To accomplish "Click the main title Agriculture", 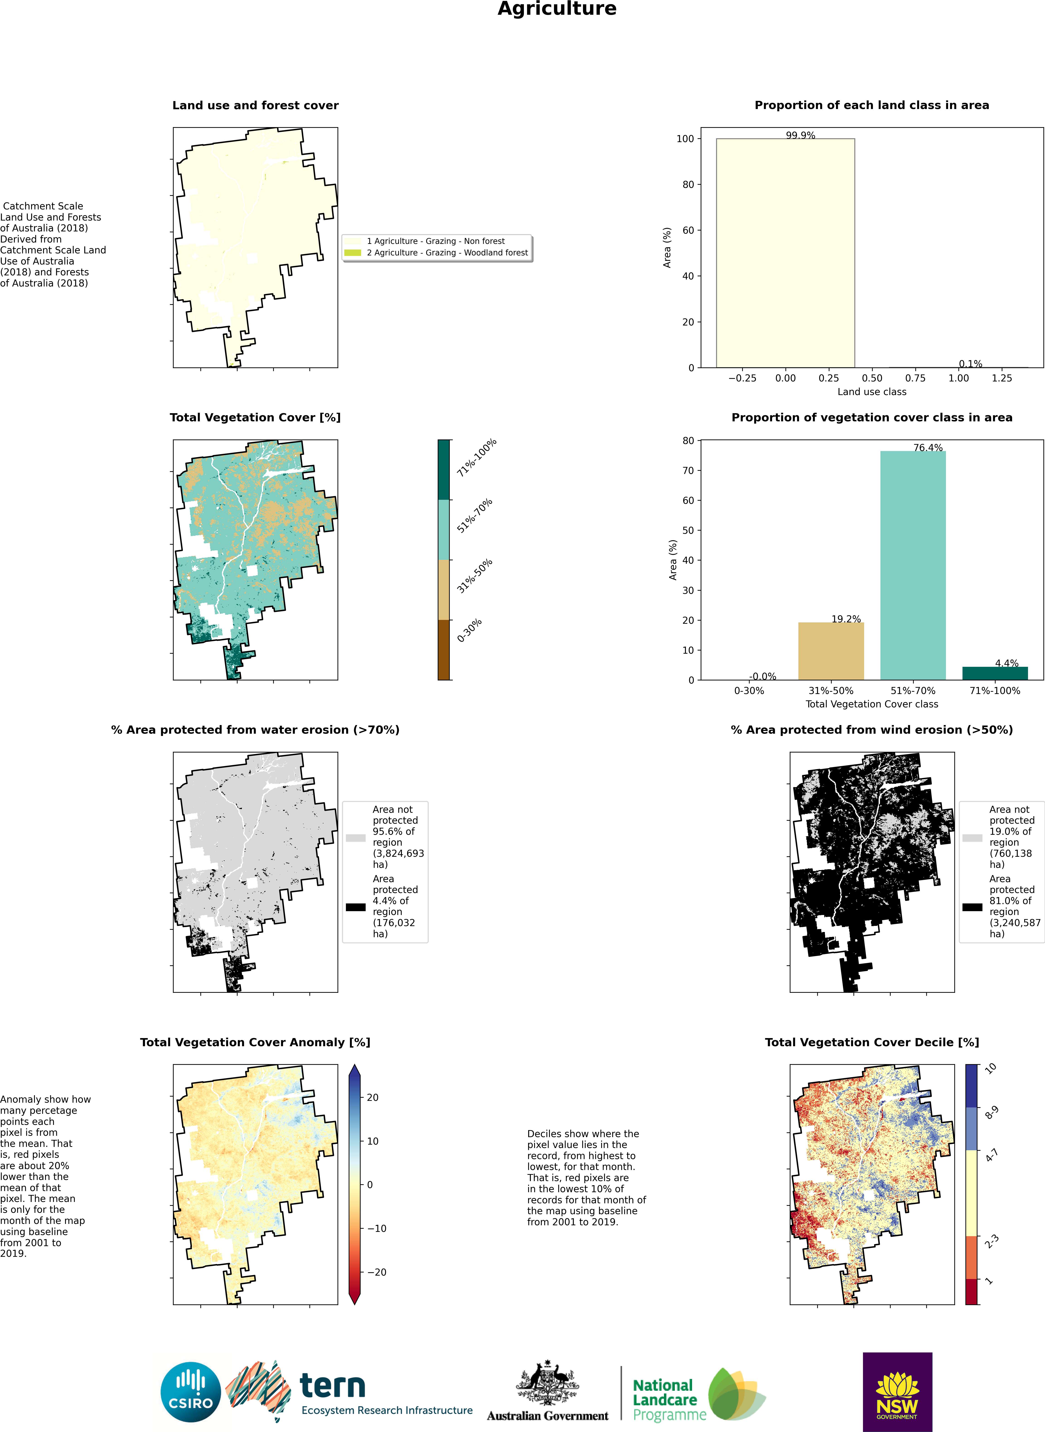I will point(557,9).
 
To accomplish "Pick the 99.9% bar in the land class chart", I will point(785,253).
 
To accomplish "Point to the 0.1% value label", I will point(970,364).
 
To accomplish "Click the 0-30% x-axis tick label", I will point(749,691).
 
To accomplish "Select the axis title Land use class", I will point(872,391).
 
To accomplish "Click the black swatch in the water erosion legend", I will point(355,907).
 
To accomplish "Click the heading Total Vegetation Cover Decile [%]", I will point(872,1042).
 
